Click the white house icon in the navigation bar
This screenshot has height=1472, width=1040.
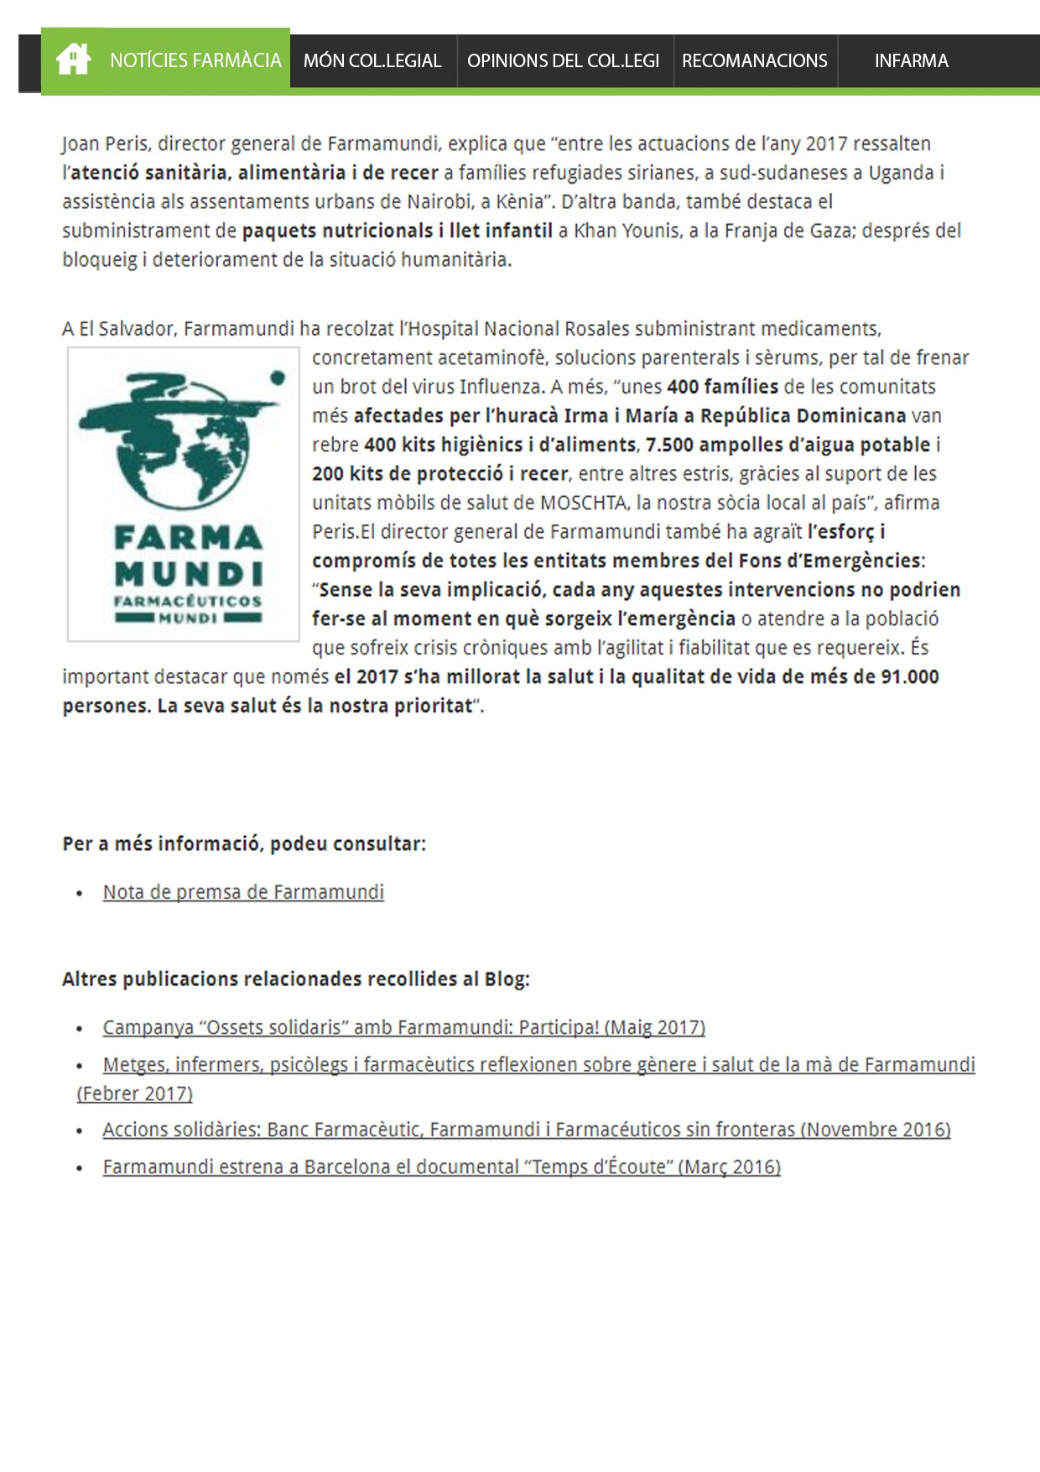point(73,60)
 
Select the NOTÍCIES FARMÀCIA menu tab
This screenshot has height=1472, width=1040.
point(195,60)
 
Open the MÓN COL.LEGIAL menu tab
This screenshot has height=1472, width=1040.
point(372,60)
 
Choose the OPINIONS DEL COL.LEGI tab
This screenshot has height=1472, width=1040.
point(563,60)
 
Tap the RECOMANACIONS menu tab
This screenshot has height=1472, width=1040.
point(754,60)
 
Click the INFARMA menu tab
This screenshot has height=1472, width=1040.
point(911,60)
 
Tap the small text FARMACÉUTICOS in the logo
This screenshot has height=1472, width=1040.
point(188,601)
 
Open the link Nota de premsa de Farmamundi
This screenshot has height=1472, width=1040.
point(243,892)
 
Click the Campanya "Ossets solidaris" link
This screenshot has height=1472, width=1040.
point(403,1027)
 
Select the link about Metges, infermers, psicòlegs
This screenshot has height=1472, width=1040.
point(538,1065)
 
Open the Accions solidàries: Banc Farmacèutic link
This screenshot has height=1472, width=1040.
point(526,1130)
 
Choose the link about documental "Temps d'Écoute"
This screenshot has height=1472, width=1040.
point(441,1167)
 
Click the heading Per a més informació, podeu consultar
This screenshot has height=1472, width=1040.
point(244,843)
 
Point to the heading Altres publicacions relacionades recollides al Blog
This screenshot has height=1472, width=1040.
point(296,979)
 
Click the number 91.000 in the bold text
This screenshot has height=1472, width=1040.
point(910,676)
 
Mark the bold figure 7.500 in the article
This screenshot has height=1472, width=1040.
point(668,445)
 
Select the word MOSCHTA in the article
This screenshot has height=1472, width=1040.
point(584,503)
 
